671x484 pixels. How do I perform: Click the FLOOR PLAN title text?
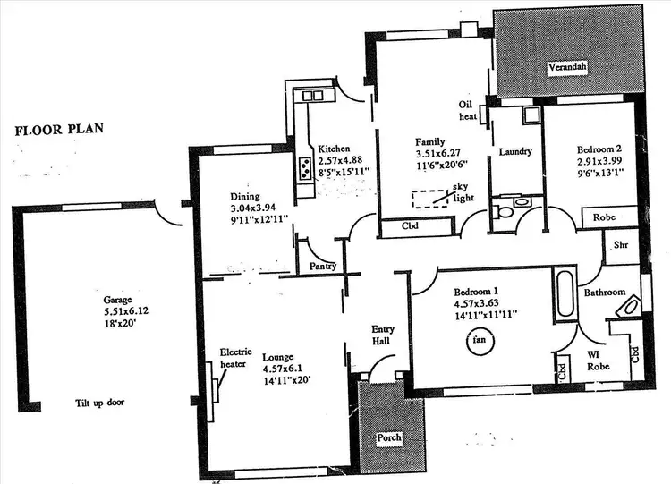59,129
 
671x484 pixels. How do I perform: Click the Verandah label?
567,68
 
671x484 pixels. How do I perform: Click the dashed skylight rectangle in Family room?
429,199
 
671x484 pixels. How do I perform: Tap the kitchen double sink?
312,95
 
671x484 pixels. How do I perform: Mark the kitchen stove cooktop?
304,167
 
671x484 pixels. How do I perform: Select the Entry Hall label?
383,335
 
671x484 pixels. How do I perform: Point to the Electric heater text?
236,358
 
